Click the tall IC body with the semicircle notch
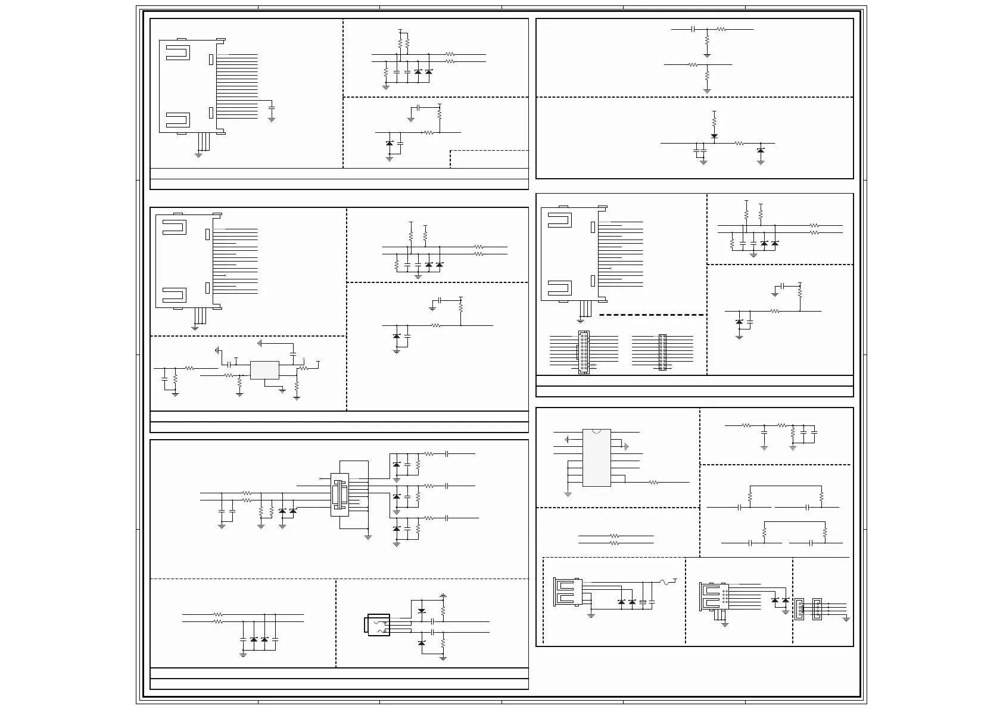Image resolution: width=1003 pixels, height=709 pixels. click(x=596, y=457)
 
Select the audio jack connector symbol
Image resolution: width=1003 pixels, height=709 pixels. click(x=378, y=624)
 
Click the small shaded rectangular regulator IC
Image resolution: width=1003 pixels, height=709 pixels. click(x=264, y=370)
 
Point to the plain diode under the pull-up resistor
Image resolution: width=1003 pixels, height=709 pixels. click(x=714, y=136)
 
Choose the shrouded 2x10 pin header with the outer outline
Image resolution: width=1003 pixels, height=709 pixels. click(x=584, y=353)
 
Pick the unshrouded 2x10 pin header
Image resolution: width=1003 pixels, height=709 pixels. click(x=662, y=352)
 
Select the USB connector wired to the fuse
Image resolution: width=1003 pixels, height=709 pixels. click(x=567, y=592)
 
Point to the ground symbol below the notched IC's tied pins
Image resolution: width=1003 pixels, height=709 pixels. click(x=568, y=493)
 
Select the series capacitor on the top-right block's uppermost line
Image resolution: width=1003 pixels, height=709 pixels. click(x=693, y=29)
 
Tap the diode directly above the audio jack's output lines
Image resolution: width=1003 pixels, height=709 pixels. click(x=422, y=611)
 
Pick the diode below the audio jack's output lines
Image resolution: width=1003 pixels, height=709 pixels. click(x=422, y=643)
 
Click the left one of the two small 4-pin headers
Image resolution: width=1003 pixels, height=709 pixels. click(x=799, y=609)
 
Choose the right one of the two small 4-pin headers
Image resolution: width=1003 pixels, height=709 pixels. click(x=818, y=609)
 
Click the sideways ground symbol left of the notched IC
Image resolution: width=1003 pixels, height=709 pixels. click(x=566, y=440)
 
